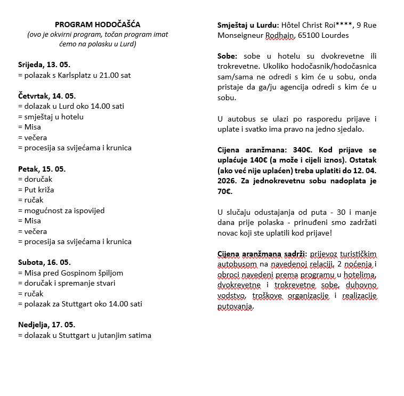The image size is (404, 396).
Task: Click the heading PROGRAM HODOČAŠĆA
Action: point(98,25)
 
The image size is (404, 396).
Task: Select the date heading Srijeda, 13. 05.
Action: point(44,65)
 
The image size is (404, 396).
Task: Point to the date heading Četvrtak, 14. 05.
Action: point(46,96)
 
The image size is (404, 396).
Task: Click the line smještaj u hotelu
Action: point(51,117)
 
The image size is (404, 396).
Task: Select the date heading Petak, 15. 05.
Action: point(42,169)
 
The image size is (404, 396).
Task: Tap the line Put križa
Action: point(36,190)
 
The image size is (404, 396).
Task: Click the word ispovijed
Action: point(88,211)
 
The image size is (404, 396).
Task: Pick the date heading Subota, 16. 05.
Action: point(44,262)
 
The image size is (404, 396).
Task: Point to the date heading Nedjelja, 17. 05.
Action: point(46,325)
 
